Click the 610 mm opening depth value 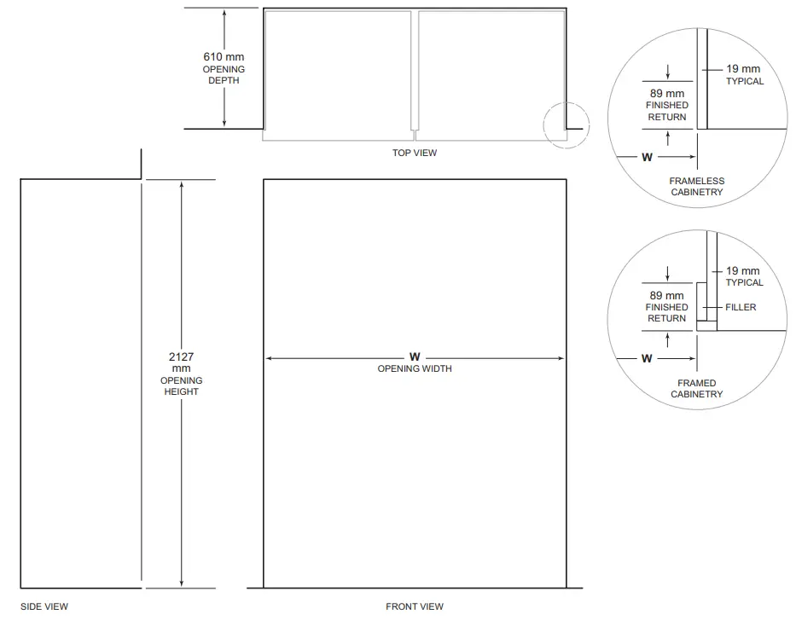[223, 57]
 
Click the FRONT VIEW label [415, 606]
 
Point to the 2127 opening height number [181, 356]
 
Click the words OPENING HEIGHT [181, 385]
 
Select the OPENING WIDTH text [415, 368]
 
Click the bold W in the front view [415, 356]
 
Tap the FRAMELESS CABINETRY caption [696, 187]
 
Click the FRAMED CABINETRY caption [696, 389]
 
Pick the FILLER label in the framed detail [741, 307]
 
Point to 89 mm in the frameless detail [667, 93]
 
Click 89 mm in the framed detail [667, 295]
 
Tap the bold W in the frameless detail [647, 158]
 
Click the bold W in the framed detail [647, 359]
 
